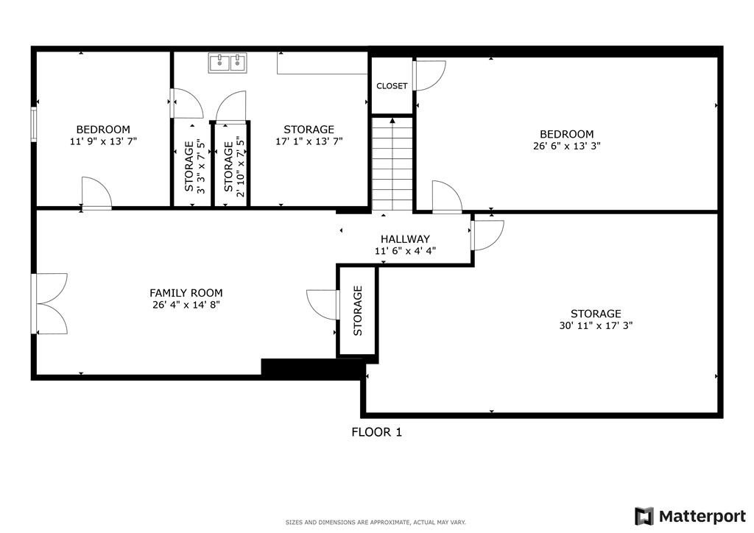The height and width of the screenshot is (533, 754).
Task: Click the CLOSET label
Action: (392, 86)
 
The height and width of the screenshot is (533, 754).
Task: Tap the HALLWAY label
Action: (405, 239)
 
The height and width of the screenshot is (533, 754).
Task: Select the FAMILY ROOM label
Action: (186, 292)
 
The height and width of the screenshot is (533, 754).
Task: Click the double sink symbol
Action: (227, 63)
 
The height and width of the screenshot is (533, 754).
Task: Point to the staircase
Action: (392, 163)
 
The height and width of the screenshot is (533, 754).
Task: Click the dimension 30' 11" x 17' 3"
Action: (596, 325)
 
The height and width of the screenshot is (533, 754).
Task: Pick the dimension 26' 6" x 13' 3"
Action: (566, 146)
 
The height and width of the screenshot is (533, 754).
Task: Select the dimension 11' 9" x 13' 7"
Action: (103, 141)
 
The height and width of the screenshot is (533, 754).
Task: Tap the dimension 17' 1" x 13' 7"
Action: (309, 141)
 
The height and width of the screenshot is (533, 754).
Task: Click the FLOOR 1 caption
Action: (376, 432)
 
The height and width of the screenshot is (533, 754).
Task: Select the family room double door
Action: (50, 303)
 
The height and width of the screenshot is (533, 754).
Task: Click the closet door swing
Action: (430, 75)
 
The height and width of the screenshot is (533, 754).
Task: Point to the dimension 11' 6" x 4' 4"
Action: (405, 251)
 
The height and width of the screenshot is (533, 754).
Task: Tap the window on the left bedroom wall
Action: (33, 124)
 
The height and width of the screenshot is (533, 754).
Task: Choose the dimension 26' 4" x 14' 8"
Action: (186, 304)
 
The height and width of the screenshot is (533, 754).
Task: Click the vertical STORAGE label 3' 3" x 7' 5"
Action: (194, 166)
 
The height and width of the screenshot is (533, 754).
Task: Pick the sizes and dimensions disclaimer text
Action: (376, 523)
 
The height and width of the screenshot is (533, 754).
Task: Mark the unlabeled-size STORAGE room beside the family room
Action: (358, 311)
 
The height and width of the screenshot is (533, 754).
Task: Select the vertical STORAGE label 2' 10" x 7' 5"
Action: (233, 166)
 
